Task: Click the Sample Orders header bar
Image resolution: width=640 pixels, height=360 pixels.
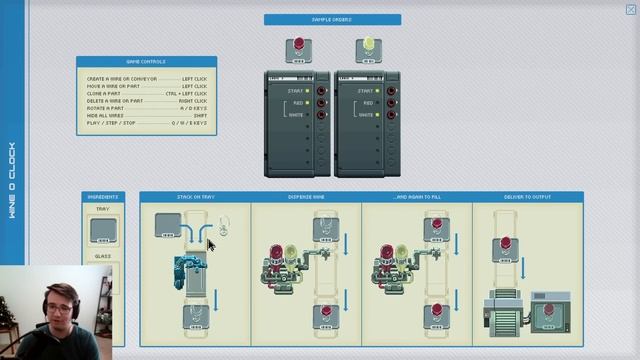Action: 332,19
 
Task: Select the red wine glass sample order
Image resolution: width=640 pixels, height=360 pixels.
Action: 298,49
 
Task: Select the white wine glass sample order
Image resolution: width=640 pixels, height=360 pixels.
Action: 368,49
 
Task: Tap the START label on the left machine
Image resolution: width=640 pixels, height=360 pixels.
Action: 295,90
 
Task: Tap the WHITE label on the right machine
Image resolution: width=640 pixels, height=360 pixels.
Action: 366,115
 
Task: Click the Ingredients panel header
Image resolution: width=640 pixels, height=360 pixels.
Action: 103,196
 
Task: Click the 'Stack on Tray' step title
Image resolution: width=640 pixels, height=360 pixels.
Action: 195,196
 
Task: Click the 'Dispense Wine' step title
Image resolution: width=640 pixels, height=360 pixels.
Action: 306,196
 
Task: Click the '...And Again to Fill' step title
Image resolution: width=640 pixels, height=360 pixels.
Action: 417,196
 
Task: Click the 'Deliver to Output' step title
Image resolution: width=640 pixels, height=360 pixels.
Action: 527,196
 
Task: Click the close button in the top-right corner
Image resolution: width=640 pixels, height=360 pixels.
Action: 630,9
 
